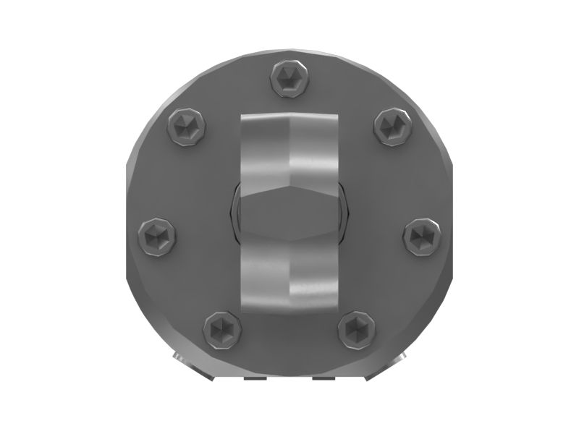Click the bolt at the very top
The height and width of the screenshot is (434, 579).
tap(290, 78)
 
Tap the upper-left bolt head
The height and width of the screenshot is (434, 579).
tap(186, 127)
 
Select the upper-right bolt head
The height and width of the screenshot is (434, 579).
tap(394, 126)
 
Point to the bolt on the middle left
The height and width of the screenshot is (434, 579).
tap(158, 235)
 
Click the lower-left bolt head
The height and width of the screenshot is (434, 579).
tap(222, 330)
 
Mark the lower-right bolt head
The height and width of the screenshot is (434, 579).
tap(357, 331)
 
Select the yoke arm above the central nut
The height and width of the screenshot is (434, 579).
tap(289, 145)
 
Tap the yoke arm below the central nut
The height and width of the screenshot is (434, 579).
tap(289, 278)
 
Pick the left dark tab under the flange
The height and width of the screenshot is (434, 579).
tap(253, 378)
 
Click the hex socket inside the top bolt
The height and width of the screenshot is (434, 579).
tap(290, 77)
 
